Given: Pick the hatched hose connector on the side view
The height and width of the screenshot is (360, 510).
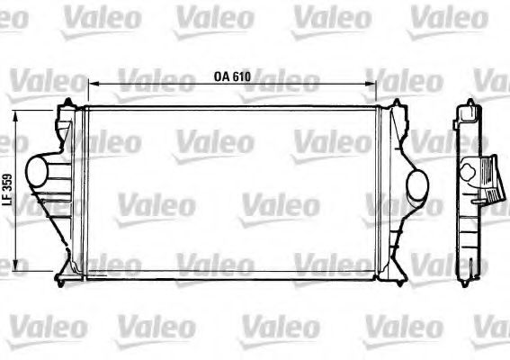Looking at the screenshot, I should [488, 180].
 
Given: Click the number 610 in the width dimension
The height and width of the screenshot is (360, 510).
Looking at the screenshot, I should [240, 77].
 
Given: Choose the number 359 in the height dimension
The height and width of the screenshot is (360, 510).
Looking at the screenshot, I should [9, 184].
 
